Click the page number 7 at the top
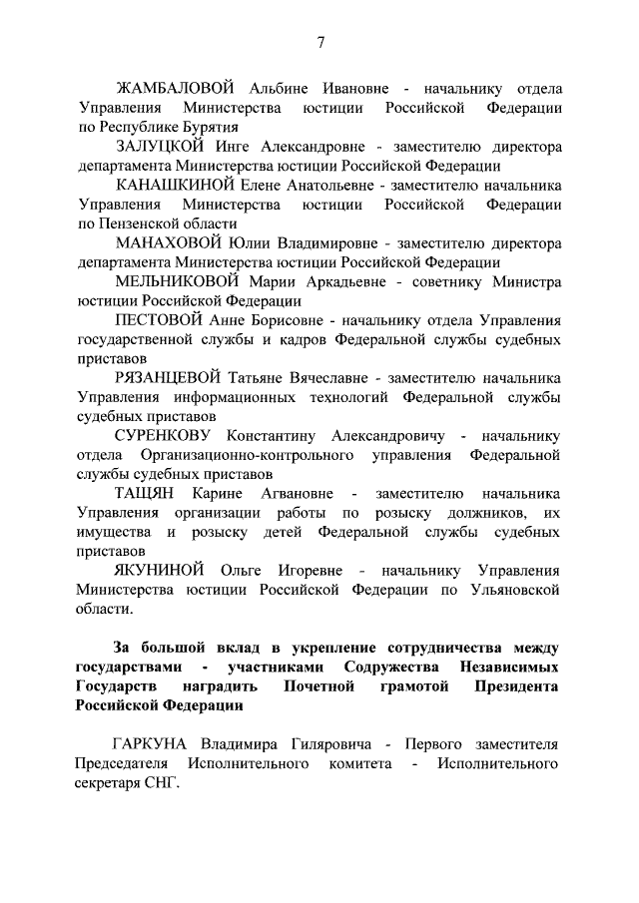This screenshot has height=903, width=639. (320, 41)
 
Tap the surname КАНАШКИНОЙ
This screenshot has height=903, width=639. (173, 186)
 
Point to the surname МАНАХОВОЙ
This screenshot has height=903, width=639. (169, 243)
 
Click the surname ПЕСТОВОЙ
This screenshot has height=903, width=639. (161, 321)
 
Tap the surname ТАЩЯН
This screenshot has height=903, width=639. (144, 494)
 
